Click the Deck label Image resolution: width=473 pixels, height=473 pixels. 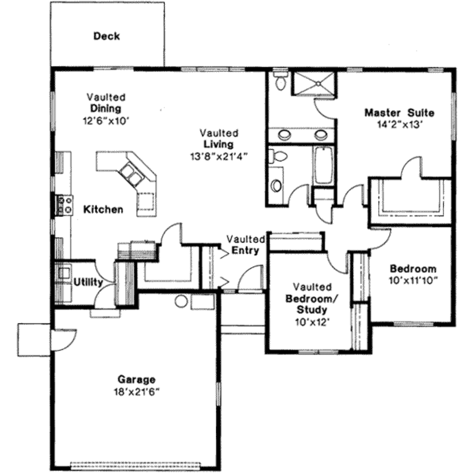point(107,36)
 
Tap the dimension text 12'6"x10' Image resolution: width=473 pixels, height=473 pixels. point(105,121)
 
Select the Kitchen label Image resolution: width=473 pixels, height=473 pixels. point(103,210)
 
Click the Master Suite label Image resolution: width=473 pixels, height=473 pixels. point(399,113)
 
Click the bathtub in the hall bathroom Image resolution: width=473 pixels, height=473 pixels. point(323,165)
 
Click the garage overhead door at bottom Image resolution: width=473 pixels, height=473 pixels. point(136,464)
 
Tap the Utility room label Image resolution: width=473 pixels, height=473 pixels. point(88,283)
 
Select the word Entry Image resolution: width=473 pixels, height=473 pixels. point(245,250)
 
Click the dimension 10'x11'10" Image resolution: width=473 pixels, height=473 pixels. point(412,280)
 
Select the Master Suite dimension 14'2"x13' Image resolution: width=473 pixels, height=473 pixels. point(400,125)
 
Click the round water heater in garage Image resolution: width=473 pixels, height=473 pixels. point(181,302)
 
